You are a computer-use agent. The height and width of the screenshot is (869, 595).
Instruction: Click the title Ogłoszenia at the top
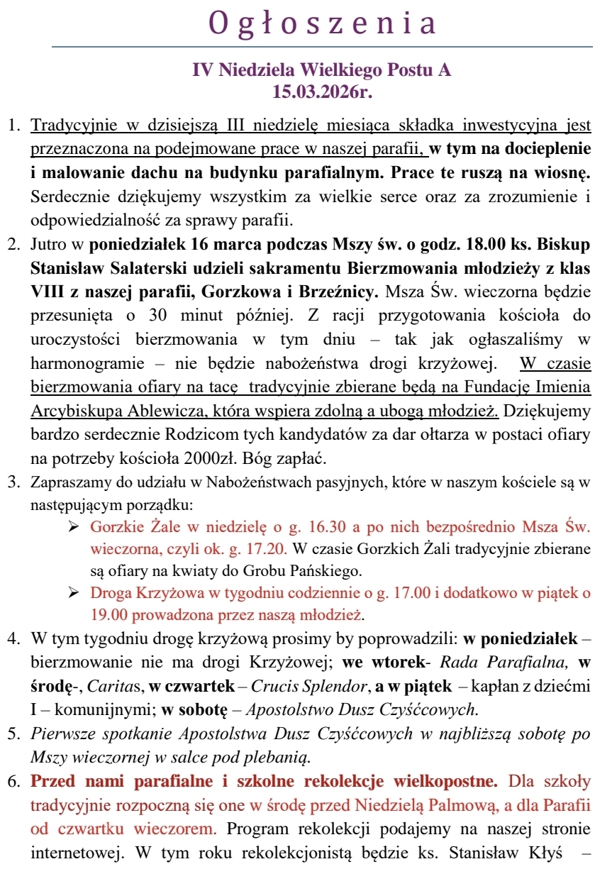(323, 24)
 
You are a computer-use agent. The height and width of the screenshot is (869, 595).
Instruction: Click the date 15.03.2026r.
(322, 91)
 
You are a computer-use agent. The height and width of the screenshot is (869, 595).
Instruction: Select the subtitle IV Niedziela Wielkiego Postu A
(322, 71)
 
